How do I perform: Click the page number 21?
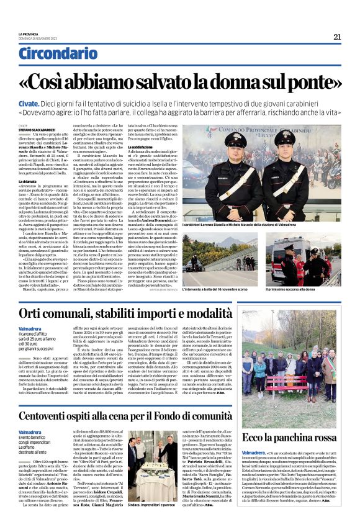(337, 37)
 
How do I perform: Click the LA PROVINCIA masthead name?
(28, 34)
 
